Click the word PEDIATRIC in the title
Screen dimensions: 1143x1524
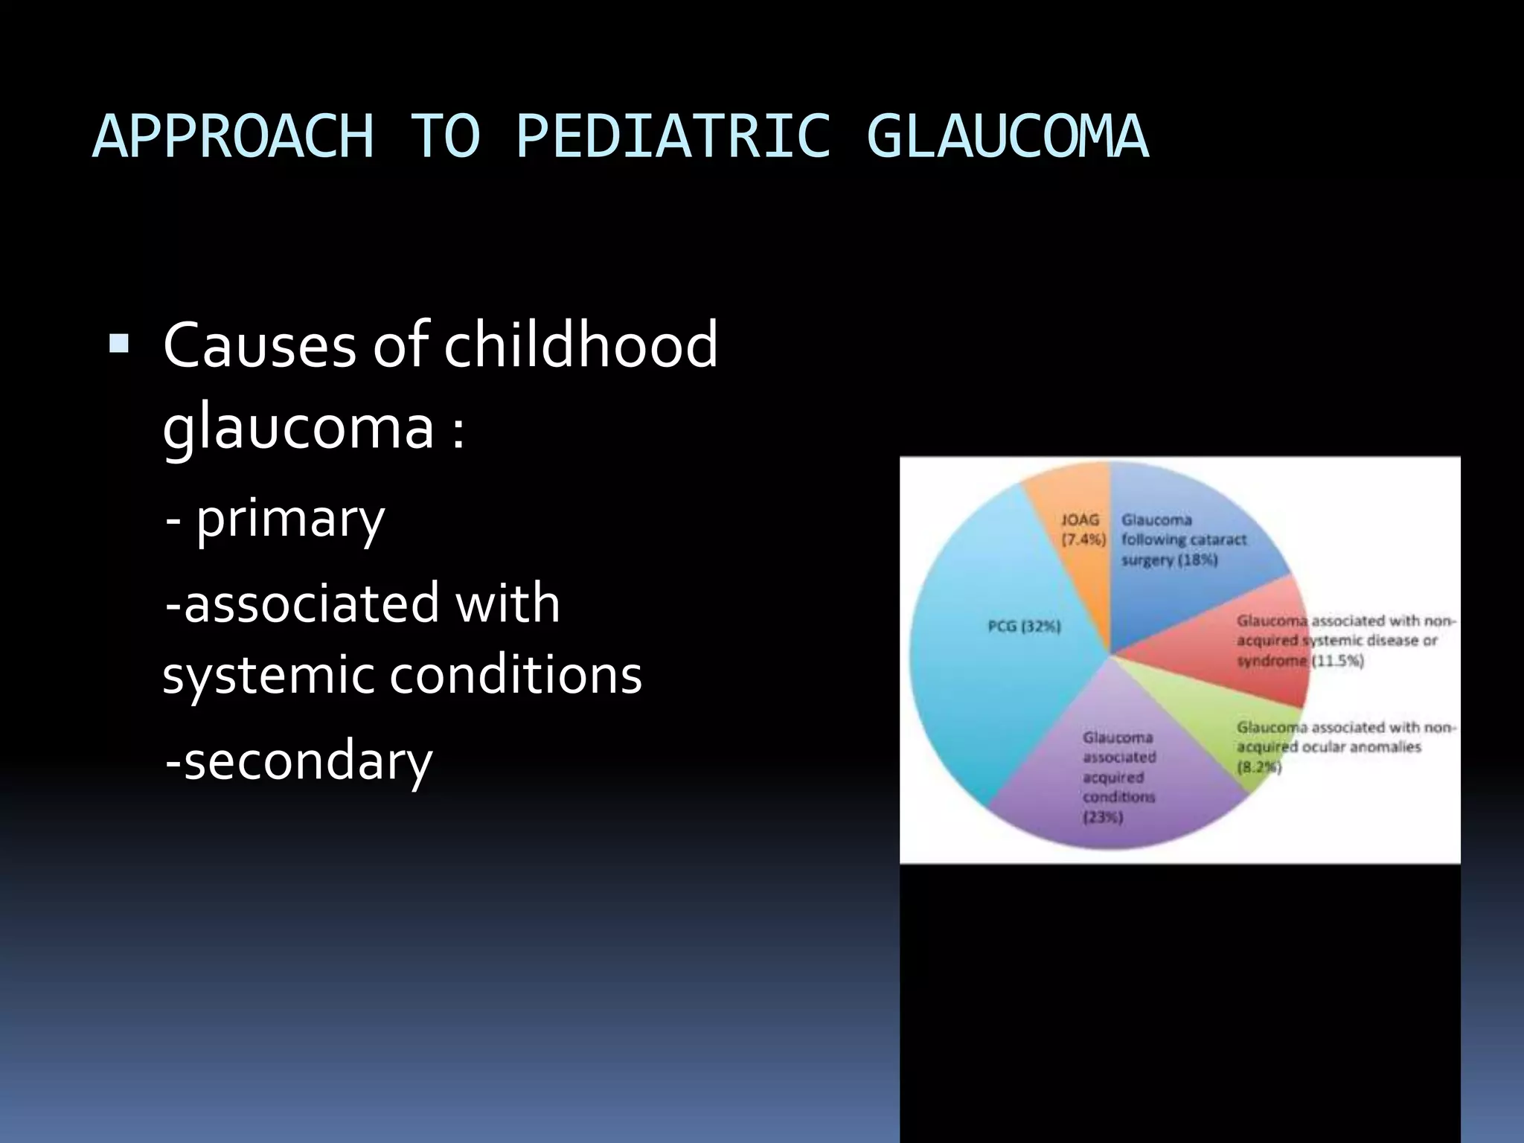pos(672,137)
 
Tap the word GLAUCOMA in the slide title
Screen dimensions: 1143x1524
pos(1008,137)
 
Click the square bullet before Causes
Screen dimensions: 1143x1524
pos(118,344)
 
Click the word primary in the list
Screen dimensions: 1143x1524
pos(290,519)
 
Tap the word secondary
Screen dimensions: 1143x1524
pos(307,761)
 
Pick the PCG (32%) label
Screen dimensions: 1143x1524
pos(1024,627)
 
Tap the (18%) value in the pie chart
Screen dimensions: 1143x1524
pos(1197,560)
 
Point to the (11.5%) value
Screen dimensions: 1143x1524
pos(1336,661)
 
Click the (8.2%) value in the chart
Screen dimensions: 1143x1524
pos(1259,767)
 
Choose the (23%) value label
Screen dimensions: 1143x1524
pos(1103,818)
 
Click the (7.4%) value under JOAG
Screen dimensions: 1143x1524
pos(1083,540)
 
